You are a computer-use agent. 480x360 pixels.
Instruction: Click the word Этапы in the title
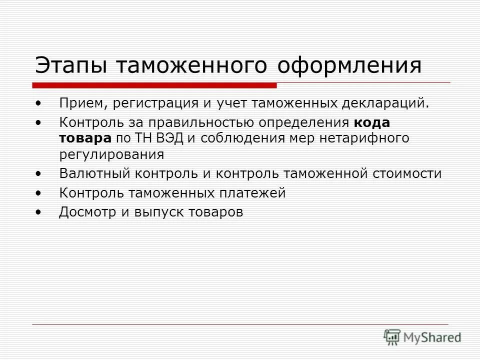(70, 65)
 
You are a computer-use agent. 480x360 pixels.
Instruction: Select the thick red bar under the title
(155, 84)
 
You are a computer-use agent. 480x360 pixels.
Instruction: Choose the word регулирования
(111, 154)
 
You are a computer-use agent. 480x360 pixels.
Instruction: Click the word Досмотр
(86, 212)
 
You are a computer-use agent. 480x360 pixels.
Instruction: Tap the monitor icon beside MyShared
(393, 336)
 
